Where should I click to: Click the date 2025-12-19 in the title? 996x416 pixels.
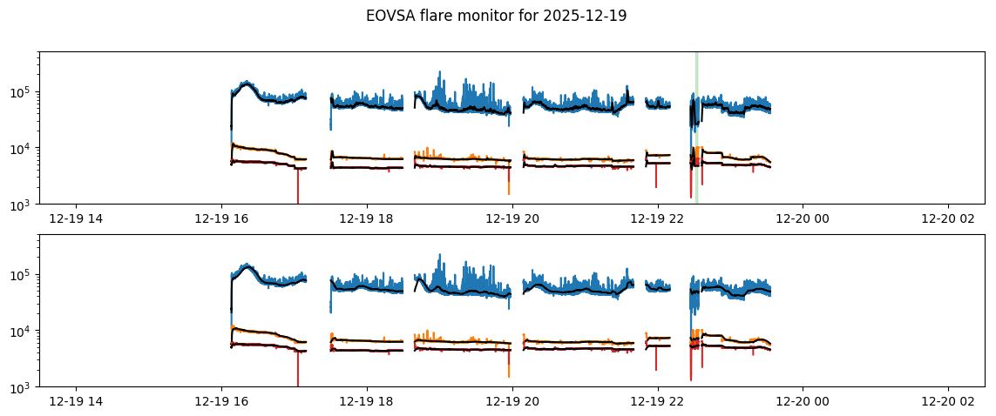(x=595, y=16)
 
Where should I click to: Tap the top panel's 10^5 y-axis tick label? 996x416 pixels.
(x=23, y=92)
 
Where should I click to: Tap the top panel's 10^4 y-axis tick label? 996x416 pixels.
(x=23, y=149)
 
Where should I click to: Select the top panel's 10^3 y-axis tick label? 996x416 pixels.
(x=23, y=205)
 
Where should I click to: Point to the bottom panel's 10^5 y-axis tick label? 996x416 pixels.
(x=23, y=275)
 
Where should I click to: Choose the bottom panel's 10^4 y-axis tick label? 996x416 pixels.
(x=23, y=332)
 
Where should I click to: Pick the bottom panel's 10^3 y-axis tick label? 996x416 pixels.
(x=23, y=387)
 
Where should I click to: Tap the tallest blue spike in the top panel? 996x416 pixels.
(x=440, y=73)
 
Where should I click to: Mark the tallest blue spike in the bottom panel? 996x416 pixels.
(x=440, y=256)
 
